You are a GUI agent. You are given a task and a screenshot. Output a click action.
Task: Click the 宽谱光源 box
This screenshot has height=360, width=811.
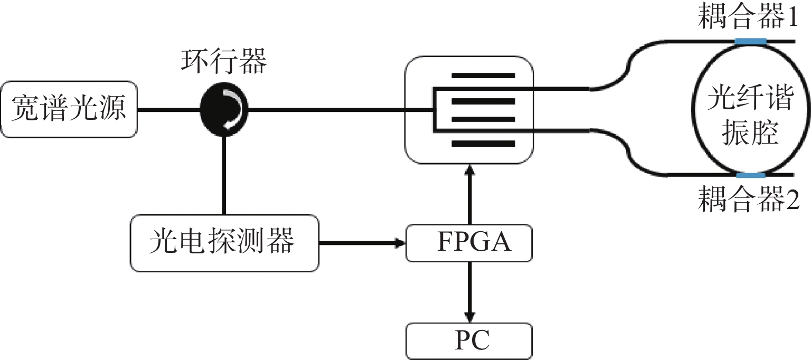coord(69,110)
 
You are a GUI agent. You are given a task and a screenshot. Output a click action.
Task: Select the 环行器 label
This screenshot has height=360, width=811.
coord(224,63)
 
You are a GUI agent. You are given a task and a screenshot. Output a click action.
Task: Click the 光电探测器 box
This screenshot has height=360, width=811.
coord(224,243)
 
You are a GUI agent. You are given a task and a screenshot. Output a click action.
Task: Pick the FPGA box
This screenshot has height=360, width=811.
coord(469,243)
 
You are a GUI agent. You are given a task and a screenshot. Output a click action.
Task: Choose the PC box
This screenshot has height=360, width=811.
coord(469,340)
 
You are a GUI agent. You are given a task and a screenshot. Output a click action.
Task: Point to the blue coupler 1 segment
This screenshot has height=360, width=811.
coord(750,40)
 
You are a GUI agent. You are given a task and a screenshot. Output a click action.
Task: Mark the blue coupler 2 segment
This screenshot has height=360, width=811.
coord(750,175)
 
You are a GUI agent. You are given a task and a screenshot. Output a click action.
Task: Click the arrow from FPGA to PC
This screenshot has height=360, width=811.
coord(469,293)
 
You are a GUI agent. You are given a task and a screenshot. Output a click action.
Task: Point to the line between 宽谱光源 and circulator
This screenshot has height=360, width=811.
coord(169,110)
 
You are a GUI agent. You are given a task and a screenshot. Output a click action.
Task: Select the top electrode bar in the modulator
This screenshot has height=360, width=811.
coord(483,75)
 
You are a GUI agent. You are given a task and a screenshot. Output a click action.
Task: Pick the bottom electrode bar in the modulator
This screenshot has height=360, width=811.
coord(483,143)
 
